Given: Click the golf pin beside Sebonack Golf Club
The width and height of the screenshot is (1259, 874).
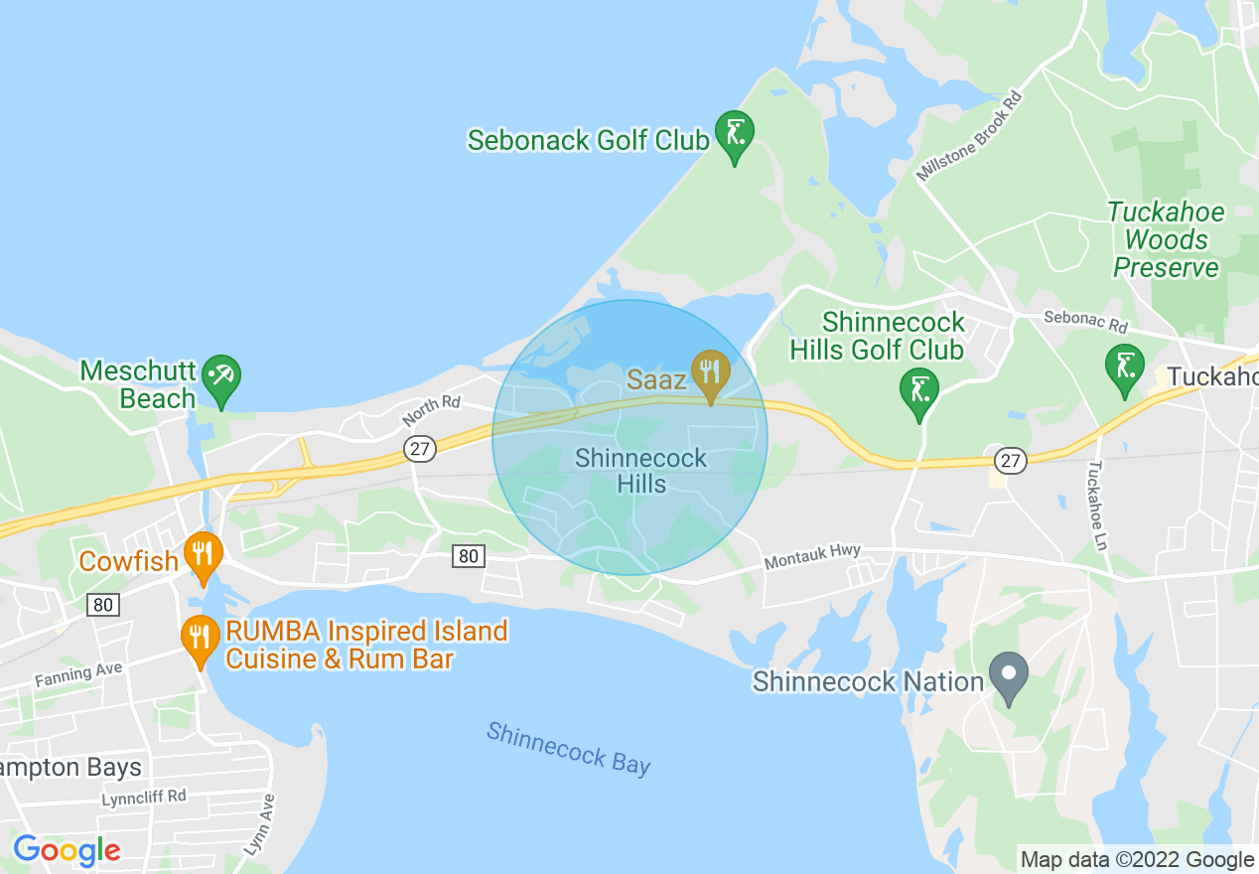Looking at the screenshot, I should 735,133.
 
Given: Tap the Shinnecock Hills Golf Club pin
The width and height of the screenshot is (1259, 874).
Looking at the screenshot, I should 919,389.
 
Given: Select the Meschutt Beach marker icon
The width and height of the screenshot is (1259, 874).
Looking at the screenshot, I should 220,377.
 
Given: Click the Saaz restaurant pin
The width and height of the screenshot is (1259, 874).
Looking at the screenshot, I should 711,371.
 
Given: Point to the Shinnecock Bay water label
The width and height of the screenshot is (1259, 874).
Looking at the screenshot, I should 568,748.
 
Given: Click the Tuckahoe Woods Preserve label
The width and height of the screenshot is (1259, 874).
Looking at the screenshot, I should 1166,240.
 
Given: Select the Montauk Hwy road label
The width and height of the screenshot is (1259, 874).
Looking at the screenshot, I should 812,558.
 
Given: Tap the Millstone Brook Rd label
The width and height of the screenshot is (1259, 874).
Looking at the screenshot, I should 969,137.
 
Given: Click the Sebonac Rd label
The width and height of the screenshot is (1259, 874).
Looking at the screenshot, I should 1085,322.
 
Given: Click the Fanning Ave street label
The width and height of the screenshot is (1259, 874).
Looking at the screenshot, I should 78,675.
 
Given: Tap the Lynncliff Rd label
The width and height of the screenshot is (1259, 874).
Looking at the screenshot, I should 143,797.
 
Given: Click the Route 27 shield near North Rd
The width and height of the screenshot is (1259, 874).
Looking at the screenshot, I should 420,449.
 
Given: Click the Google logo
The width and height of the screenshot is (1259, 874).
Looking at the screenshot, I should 67,850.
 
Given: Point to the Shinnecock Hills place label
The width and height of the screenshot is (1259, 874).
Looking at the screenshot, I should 640,471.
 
